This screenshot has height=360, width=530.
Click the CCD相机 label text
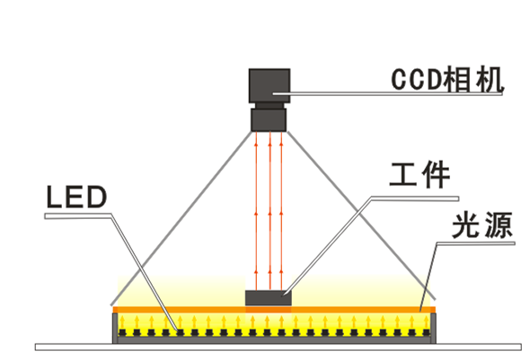447,80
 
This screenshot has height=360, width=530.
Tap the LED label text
76,197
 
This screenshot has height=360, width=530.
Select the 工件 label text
420,174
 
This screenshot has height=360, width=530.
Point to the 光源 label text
482,225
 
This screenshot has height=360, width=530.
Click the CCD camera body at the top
269,86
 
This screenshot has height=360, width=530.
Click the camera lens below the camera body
269,119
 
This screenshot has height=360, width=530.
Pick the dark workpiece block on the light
269,298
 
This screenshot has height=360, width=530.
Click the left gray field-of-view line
181,218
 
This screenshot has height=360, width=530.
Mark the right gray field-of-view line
361,215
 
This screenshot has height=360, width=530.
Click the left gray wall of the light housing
115,329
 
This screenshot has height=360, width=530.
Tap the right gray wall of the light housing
433,329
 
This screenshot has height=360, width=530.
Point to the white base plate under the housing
278,347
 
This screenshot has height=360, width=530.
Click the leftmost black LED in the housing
122,332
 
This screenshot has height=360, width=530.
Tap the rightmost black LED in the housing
426,332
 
